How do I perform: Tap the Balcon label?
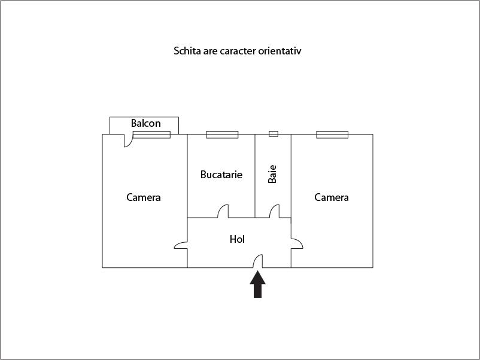pos(145,124)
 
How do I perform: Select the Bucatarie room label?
pos(221,175)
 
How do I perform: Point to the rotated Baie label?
pos(272,174)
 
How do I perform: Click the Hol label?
pos(238,239)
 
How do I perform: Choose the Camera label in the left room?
pos(144,197)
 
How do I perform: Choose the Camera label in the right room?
pos(332,197)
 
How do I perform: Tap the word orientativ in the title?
pos(280,51)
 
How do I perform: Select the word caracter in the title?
pos(235,51)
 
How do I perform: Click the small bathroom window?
pos(273,134)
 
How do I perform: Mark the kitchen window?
pos(222,135)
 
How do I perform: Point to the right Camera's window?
pos(332,135)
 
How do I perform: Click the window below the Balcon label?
pos(151,135)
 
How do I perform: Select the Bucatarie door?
pos(223,212)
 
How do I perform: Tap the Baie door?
pos(274,212)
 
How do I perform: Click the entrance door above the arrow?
pos(259,261)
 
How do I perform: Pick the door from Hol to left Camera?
pos(181,244)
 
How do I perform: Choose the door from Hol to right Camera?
pos(297,244)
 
